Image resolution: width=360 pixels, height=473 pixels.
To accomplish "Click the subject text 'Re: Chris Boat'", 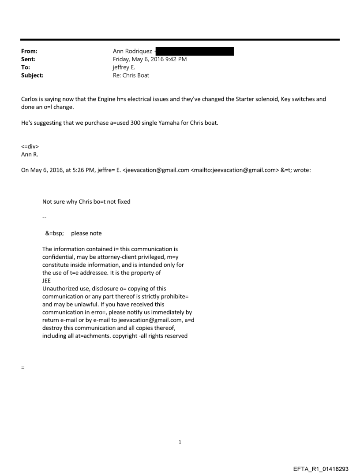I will tap(131, 75).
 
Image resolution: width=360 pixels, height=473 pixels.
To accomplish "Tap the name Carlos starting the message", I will tap(30, 99).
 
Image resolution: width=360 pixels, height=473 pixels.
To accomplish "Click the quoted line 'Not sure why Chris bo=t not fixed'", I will tap(86, 202).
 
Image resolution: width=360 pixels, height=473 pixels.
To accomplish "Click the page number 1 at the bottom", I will tap(180, 442).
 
